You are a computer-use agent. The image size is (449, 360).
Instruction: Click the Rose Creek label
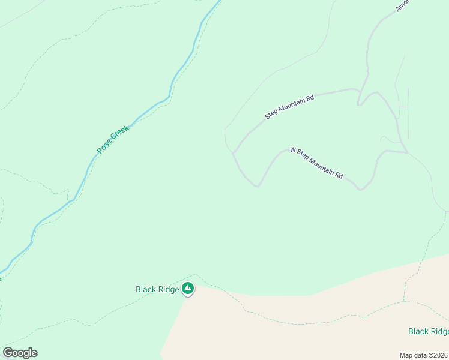tap(113, 139)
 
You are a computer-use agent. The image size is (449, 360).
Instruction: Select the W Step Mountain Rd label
tap(316, 163)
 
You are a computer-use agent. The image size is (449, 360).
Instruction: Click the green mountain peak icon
tap(188, 289)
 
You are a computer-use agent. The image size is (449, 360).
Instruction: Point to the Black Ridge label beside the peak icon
tap(157, 289)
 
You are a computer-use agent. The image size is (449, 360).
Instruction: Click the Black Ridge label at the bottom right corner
tap(428, 331)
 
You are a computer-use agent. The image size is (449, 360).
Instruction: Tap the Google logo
tap(20, 353)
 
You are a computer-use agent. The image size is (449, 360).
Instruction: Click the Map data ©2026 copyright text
tap(424, 355)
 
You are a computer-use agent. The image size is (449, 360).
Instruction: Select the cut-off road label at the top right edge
tap(402, 5)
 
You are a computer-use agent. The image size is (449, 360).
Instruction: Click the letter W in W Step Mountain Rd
tap(293, 150)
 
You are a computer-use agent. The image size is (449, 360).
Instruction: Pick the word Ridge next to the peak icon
tap(169, 289)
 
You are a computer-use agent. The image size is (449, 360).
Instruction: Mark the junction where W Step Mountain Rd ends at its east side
tap(408, 152)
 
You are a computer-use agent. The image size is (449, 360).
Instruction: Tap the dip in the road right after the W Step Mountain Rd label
tap(360, 190)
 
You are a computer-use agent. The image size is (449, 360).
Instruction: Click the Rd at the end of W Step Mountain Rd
tap(339, 175)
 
